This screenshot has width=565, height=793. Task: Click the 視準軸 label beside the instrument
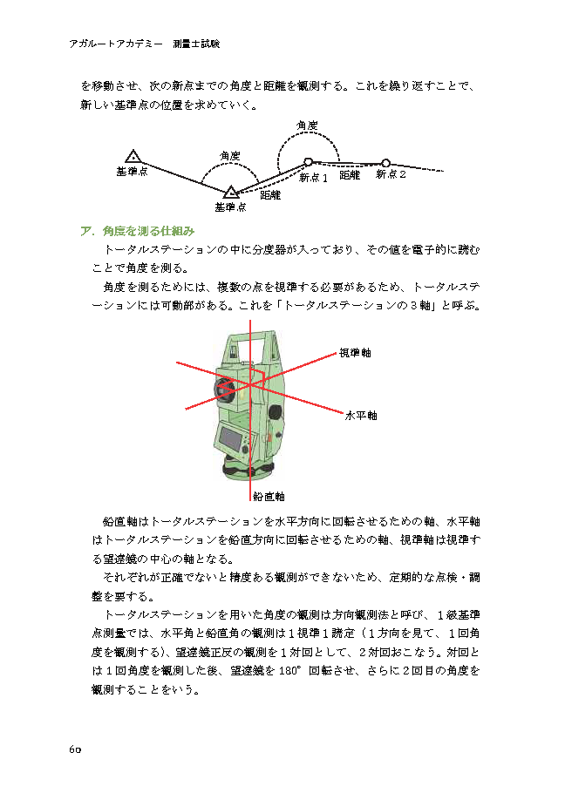coord(355,353)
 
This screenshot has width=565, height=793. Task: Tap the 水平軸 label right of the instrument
coord(361,416)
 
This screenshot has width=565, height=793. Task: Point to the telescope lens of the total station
coord(225,388)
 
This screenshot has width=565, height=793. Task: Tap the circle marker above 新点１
coord(308,161)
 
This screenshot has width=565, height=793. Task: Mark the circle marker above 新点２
coord(385,162)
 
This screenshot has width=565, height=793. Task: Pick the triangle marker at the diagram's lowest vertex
coord(230,192)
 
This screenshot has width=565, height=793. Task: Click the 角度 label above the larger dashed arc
coord(306,126)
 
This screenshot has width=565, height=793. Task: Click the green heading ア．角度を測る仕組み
coord(137,232)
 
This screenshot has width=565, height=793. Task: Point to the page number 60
coord(74,750)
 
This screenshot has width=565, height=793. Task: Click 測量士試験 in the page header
coord(196,43)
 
